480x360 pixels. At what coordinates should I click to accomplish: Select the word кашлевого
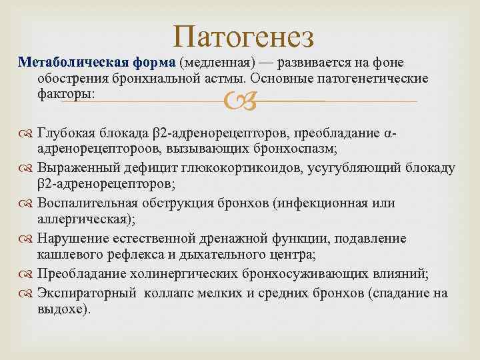(67, 254)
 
